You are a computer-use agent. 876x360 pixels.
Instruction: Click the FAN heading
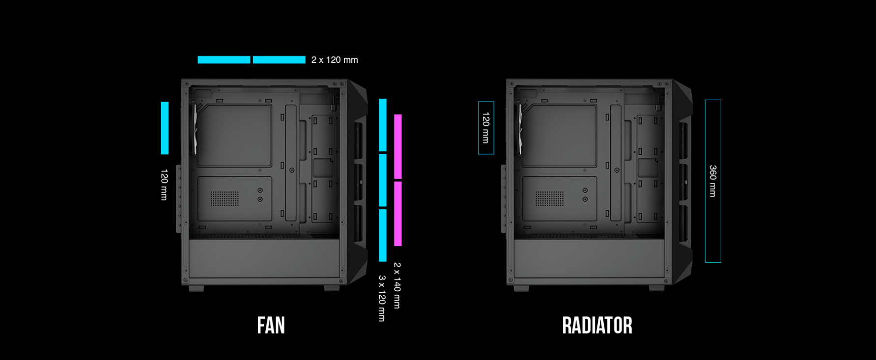[271, 326]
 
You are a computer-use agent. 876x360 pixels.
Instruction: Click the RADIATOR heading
[597, 326]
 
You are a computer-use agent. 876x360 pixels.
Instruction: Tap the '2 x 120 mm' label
[335, 60]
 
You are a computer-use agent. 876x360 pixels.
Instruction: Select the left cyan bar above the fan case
[224, 60]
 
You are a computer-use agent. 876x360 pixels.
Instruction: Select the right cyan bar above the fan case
[279, 60]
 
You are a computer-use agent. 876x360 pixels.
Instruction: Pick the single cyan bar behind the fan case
[165, 128]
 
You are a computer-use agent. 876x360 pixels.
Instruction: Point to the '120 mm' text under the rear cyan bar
[164, 185]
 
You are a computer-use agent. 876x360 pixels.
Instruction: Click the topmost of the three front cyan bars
[382, 125]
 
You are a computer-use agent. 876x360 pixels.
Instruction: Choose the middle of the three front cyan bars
[382, 180]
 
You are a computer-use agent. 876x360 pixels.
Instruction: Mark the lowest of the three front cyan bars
[382, 235]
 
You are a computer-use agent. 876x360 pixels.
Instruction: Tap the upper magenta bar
[397, 147]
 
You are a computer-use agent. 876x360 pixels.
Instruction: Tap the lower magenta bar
[397, 214]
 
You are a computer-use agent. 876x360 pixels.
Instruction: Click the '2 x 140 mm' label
[397, 285]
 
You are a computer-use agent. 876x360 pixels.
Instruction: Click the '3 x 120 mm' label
[382, 298]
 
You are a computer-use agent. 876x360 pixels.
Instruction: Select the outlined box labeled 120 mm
[486, 128]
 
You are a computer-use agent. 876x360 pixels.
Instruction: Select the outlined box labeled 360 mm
[713, 181]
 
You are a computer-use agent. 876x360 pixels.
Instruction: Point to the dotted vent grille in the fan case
[225, 198]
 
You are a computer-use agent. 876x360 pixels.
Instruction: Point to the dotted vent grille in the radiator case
[549, 198]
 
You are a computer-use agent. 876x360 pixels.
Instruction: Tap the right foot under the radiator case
[657, 288]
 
